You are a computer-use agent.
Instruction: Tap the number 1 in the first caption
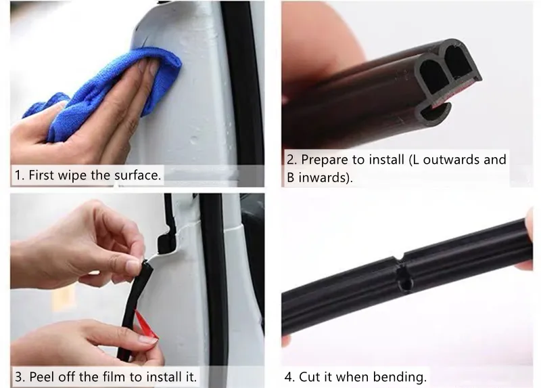point(19,175)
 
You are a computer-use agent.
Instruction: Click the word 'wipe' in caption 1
point(72,175)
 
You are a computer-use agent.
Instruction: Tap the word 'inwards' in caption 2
point(324,179)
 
